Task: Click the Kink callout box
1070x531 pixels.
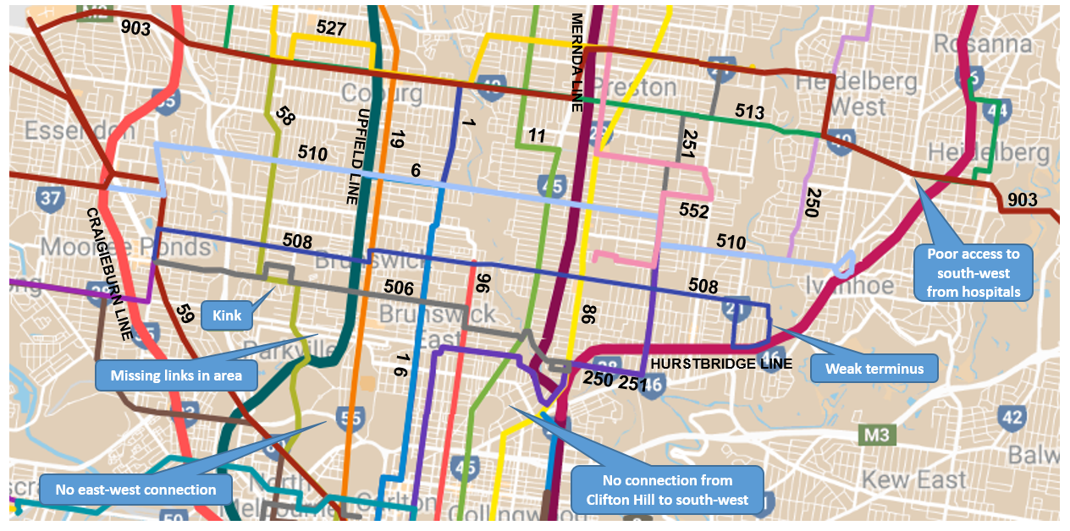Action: (227, 316)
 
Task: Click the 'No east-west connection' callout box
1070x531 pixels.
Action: (135, 490)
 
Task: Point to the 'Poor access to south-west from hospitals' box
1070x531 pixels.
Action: (973, 273)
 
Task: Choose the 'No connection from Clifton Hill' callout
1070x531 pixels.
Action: (667, 490)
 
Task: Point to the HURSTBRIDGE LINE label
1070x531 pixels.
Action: (721, 364)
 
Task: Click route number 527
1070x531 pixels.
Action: (331, 29)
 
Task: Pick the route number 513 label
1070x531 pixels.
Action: (749, 112)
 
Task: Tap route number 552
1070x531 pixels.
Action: (693, 211)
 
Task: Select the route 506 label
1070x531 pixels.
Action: (399, 287)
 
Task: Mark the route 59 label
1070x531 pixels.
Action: (186, 315)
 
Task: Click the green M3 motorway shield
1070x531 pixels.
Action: (876, 435)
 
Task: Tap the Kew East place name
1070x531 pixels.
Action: (914, 479)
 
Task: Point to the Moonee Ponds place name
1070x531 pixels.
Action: (125, 246)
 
